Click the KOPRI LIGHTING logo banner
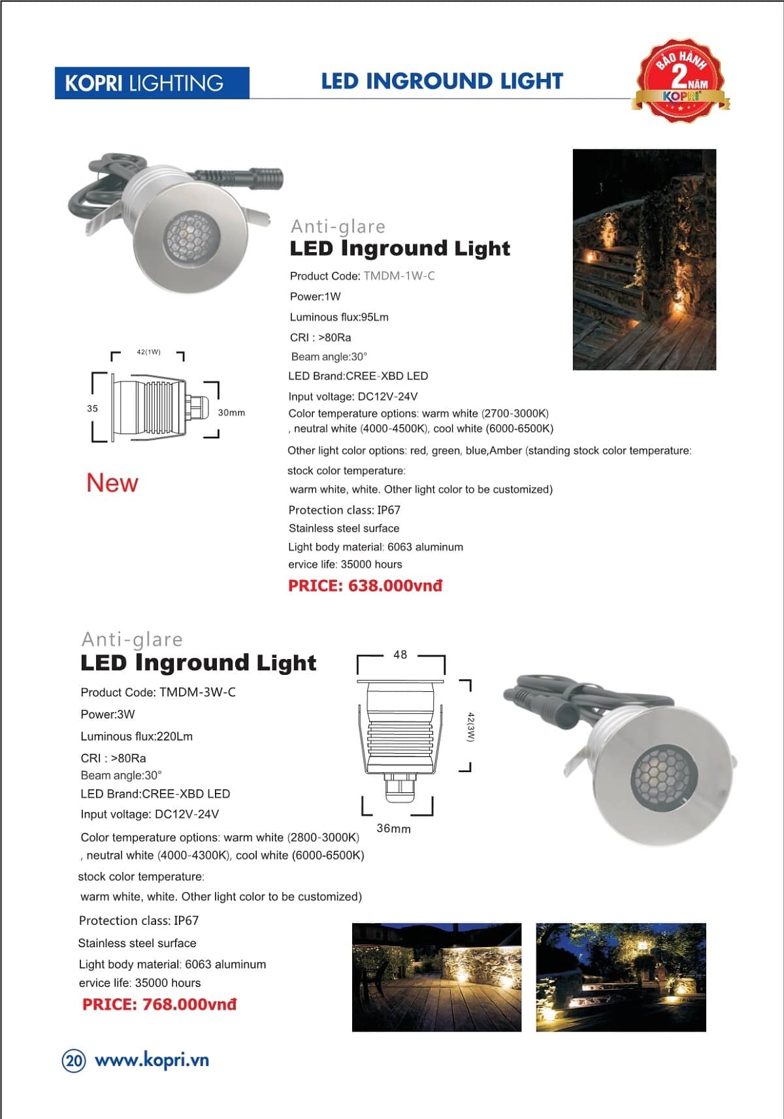[152, 83]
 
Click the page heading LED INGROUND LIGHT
[442, 81]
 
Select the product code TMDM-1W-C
[399, 276]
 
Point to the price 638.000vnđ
[365, 585]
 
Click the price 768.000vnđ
[159, 1004]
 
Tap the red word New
[112, 483]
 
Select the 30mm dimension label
[231, 413]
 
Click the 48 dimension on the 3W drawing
[400, 655]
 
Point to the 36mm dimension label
[393, 828]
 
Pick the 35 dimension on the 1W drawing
[92, 408]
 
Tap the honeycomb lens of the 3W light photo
[663, 776]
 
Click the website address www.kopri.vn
[152, 1060]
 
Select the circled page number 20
[74, 1060]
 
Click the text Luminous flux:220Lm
[137, 736]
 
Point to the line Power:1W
[316, 297]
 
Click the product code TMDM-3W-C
[158, 692]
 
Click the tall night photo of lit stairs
[644, 259]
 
